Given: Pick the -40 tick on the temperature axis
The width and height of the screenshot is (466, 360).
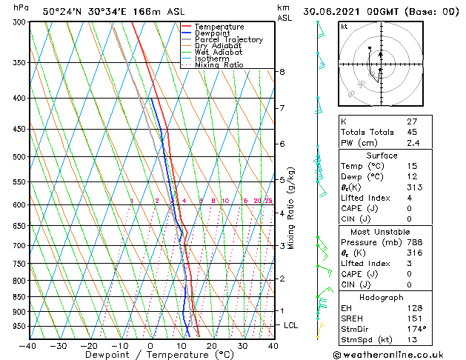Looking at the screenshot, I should [28, 346].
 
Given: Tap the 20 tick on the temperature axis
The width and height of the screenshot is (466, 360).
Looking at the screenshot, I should [212, 346].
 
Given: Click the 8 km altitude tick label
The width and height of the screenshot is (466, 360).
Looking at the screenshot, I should [282, 72].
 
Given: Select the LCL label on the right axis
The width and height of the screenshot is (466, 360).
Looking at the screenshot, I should [291, 325].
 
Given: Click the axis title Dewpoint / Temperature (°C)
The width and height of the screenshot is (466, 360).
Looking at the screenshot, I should [150, 355].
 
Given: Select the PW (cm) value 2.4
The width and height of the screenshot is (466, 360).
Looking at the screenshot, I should [413, 143].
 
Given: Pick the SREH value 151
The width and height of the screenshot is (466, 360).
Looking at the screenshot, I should [413, 319].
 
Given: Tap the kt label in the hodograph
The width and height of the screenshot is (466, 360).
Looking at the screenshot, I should [344, 26].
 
